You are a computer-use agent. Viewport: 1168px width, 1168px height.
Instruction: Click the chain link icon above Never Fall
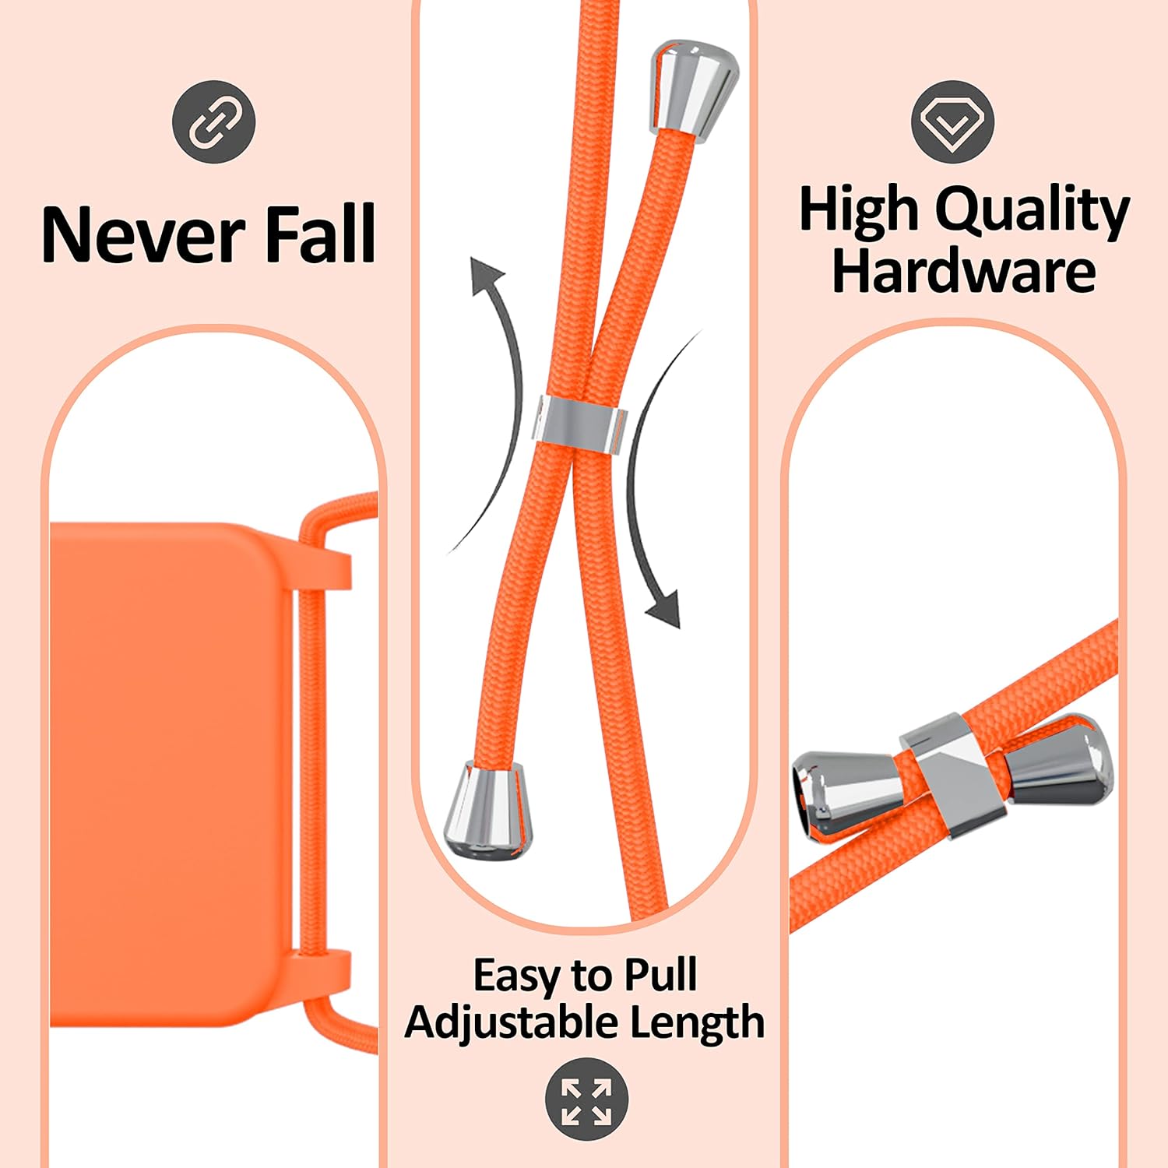(x=213, y=121)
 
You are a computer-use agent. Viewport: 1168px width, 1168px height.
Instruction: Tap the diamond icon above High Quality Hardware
(x=952, y=121)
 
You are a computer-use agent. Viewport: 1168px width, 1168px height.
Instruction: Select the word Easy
(x=517, y=976)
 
